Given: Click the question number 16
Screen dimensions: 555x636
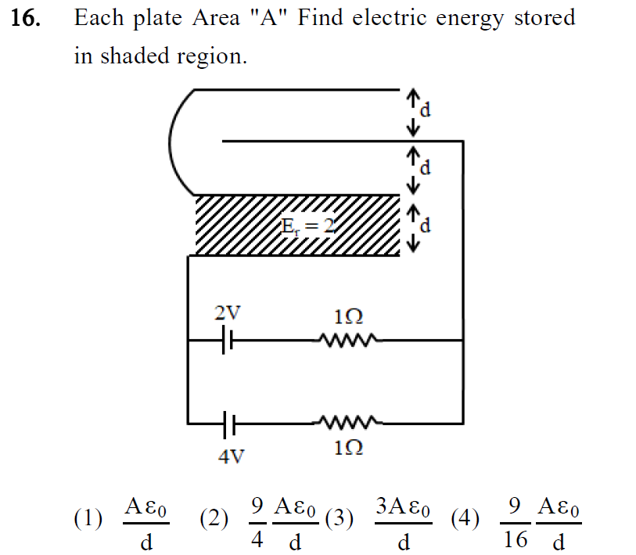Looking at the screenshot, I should [26, 20].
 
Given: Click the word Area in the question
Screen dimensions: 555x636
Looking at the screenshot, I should [215, 19].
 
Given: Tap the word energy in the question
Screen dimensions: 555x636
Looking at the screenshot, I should [468, 19].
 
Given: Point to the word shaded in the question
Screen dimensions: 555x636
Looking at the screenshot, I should [130, 56].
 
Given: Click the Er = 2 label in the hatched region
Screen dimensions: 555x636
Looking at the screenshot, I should [308, 227].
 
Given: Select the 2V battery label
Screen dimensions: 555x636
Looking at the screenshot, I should [228, 314].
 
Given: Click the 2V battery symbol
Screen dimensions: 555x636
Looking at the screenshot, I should [227, 341].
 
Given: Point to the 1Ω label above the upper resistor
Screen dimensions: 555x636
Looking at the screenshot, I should [348, 317].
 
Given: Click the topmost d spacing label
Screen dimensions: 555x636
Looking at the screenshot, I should [426, 110].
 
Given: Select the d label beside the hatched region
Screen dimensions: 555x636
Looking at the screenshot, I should [426, 227].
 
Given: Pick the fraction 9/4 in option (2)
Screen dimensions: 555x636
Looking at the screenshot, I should [257, 518].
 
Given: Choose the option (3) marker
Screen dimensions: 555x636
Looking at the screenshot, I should [340, 518].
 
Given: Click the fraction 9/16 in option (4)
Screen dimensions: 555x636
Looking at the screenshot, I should [515, 520].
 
